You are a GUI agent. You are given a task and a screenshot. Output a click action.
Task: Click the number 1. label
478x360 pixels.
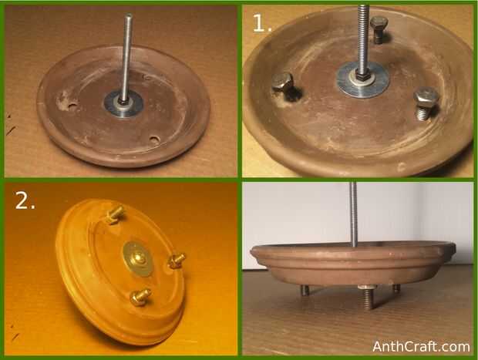click(262, 23)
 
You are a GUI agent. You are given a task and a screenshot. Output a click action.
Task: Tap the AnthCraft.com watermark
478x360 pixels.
click(421, 347)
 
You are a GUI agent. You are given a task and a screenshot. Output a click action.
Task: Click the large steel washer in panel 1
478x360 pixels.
click(362, 80)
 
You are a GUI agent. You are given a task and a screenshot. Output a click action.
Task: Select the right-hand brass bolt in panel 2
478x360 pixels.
click(177, 261)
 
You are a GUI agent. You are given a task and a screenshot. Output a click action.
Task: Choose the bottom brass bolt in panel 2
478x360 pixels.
click(140, 296)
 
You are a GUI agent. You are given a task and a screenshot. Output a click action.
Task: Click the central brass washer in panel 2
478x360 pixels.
click(139, 259)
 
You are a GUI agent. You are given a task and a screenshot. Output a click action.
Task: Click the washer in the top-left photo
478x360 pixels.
click(123, 103)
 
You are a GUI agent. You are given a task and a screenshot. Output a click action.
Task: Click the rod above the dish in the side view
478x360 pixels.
click(353, 214)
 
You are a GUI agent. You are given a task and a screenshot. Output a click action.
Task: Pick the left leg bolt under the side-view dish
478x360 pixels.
click(305, 290)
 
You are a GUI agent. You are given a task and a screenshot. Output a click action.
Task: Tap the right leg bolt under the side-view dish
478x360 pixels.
click(396, 288)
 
